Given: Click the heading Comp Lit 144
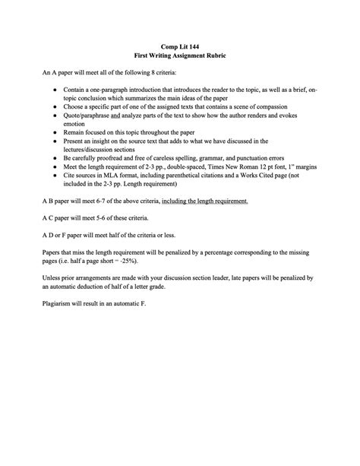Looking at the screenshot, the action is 180,47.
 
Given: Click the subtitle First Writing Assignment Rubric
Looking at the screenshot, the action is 180,57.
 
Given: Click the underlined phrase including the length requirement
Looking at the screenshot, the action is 204,201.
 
